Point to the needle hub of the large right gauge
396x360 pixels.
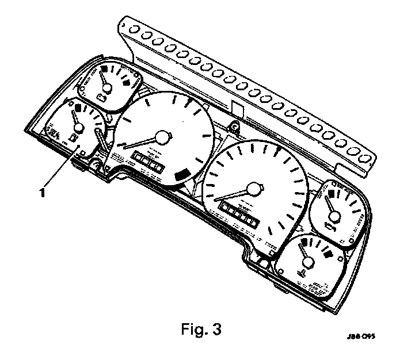click(254, 189)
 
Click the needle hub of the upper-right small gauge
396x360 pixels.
click(336, 216)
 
